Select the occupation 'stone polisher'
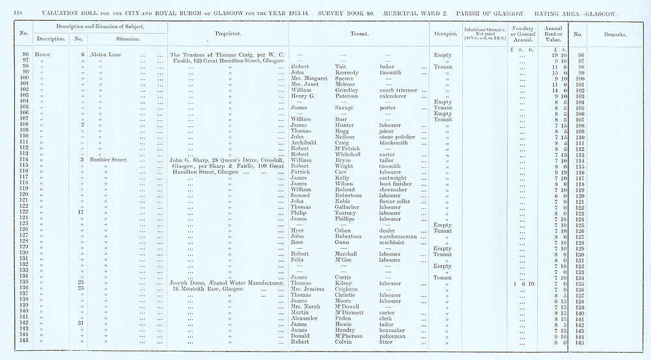coord(399,137)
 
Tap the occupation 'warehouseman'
coord(399,236)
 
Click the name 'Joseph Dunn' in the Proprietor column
coord(188,283)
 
